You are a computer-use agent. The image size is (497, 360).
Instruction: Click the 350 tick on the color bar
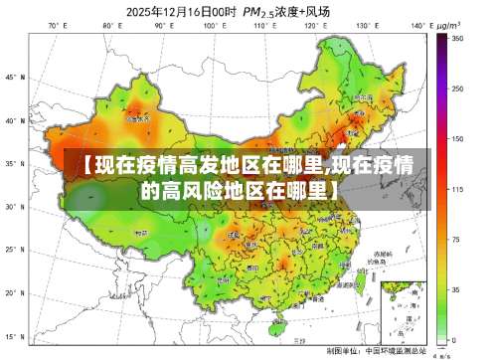coord(457,37)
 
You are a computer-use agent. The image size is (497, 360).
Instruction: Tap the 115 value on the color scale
coord(457,188)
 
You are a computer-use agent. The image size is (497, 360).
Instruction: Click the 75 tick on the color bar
coord(456,239)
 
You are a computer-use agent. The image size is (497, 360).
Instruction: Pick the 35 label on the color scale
coord(456,289)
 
